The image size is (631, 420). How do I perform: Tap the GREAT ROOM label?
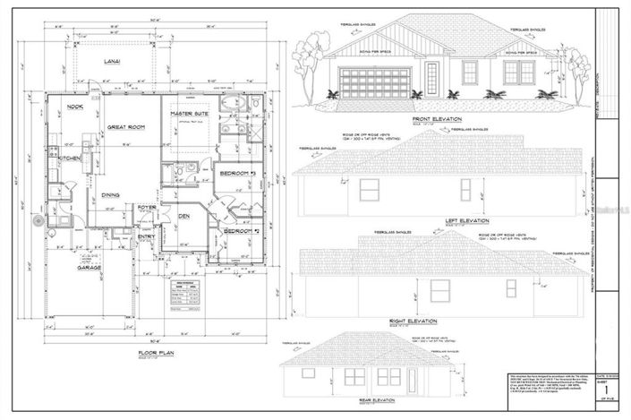pos(127,128)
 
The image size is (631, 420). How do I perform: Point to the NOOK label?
pos(74,107)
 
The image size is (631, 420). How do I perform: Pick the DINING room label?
pos(110,194)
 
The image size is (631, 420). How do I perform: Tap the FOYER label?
pos(147,208)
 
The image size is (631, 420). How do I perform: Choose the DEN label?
pos(183,215)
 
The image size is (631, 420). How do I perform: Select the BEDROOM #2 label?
pos(240,231)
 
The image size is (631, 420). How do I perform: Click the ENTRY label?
pos(145,238)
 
